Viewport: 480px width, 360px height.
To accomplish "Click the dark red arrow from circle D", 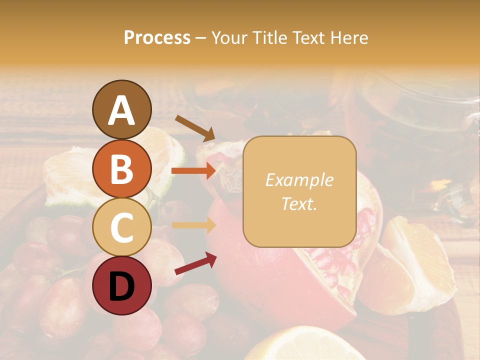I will (x=195, y=263).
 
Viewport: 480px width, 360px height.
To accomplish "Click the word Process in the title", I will (x=157, y=37).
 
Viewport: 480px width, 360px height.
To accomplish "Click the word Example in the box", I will (x=299, y=180).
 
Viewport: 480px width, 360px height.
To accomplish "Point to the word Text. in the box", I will (x=299, y=204).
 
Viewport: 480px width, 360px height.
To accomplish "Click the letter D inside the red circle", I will (x=121, y=286).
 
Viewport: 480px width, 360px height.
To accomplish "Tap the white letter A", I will (x=121, y=110).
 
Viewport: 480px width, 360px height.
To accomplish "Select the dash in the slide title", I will (x=201, y=38).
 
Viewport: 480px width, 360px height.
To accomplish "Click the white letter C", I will (x=121, y=227).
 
